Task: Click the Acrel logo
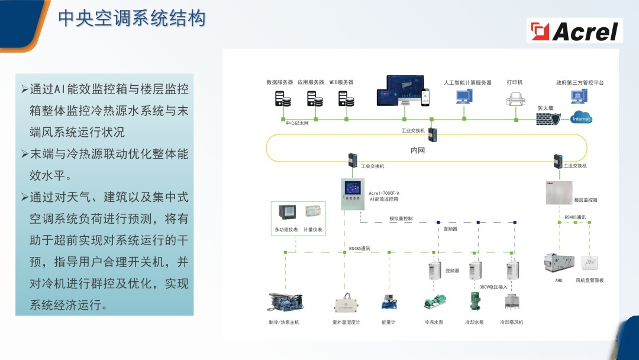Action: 575,31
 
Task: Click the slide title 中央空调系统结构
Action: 132,18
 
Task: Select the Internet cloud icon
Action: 581,117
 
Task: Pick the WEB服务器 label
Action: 341,82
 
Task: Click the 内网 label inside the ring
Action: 418,150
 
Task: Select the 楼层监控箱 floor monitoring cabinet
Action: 559,193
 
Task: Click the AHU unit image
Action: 559,263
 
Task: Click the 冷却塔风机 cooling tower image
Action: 512,301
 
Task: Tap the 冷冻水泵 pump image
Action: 434,303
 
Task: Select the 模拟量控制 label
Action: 401,218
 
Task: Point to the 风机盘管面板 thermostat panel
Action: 589,263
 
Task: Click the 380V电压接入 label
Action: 493,287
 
